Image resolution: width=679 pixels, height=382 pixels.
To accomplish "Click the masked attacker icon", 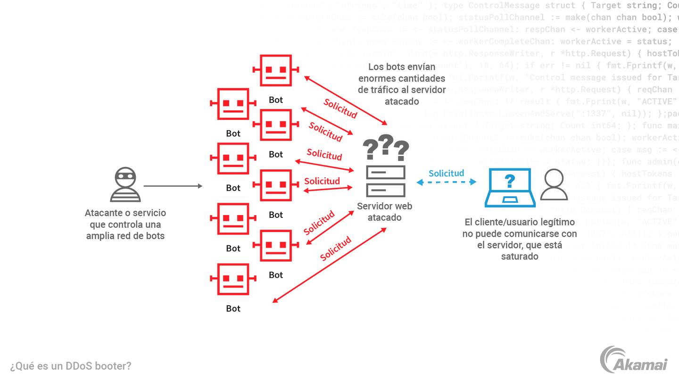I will pos(125,184).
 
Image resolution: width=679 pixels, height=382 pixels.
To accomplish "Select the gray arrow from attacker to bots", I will pos(173,186).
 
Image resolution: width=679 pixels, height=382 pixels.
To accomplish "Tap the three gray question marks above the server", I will pos(386,148).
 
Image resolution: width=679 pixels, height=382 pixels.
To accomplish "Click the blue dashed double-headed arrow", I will pos(446,182).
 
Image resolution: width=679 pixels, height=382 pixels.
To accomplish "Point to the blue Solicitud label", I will pos(446,173).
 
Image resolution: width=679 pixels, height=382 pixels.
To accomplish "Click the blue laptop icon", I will pos(510,188).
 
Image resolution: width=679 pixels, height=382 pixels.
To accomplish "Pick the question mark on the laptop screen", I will pos(510,181).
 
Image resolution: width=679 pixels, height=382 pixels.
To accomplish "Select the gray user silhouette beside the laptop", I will pos(554,184).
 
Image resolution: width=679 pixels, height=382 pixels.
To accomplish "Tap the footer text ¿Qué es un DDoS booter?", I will pos(71,365).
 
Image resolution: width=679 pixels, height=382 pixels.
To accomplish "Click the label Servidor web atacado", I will pos(384,212).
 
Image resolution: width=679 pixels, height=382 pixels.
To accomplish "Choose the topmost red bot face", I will pos(276,70).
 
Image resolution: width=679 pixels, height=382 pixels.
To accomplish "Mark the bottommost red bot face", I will pos(233,279).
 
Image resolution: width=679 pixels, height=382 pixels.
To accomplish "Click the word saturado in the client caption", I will pos(519,257).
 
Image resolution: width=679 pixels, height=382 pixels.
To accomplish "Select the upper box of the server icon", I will pos(386,172).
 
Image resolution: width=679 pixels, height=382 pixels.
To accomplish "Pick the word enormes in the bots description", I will pos(376,78).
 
